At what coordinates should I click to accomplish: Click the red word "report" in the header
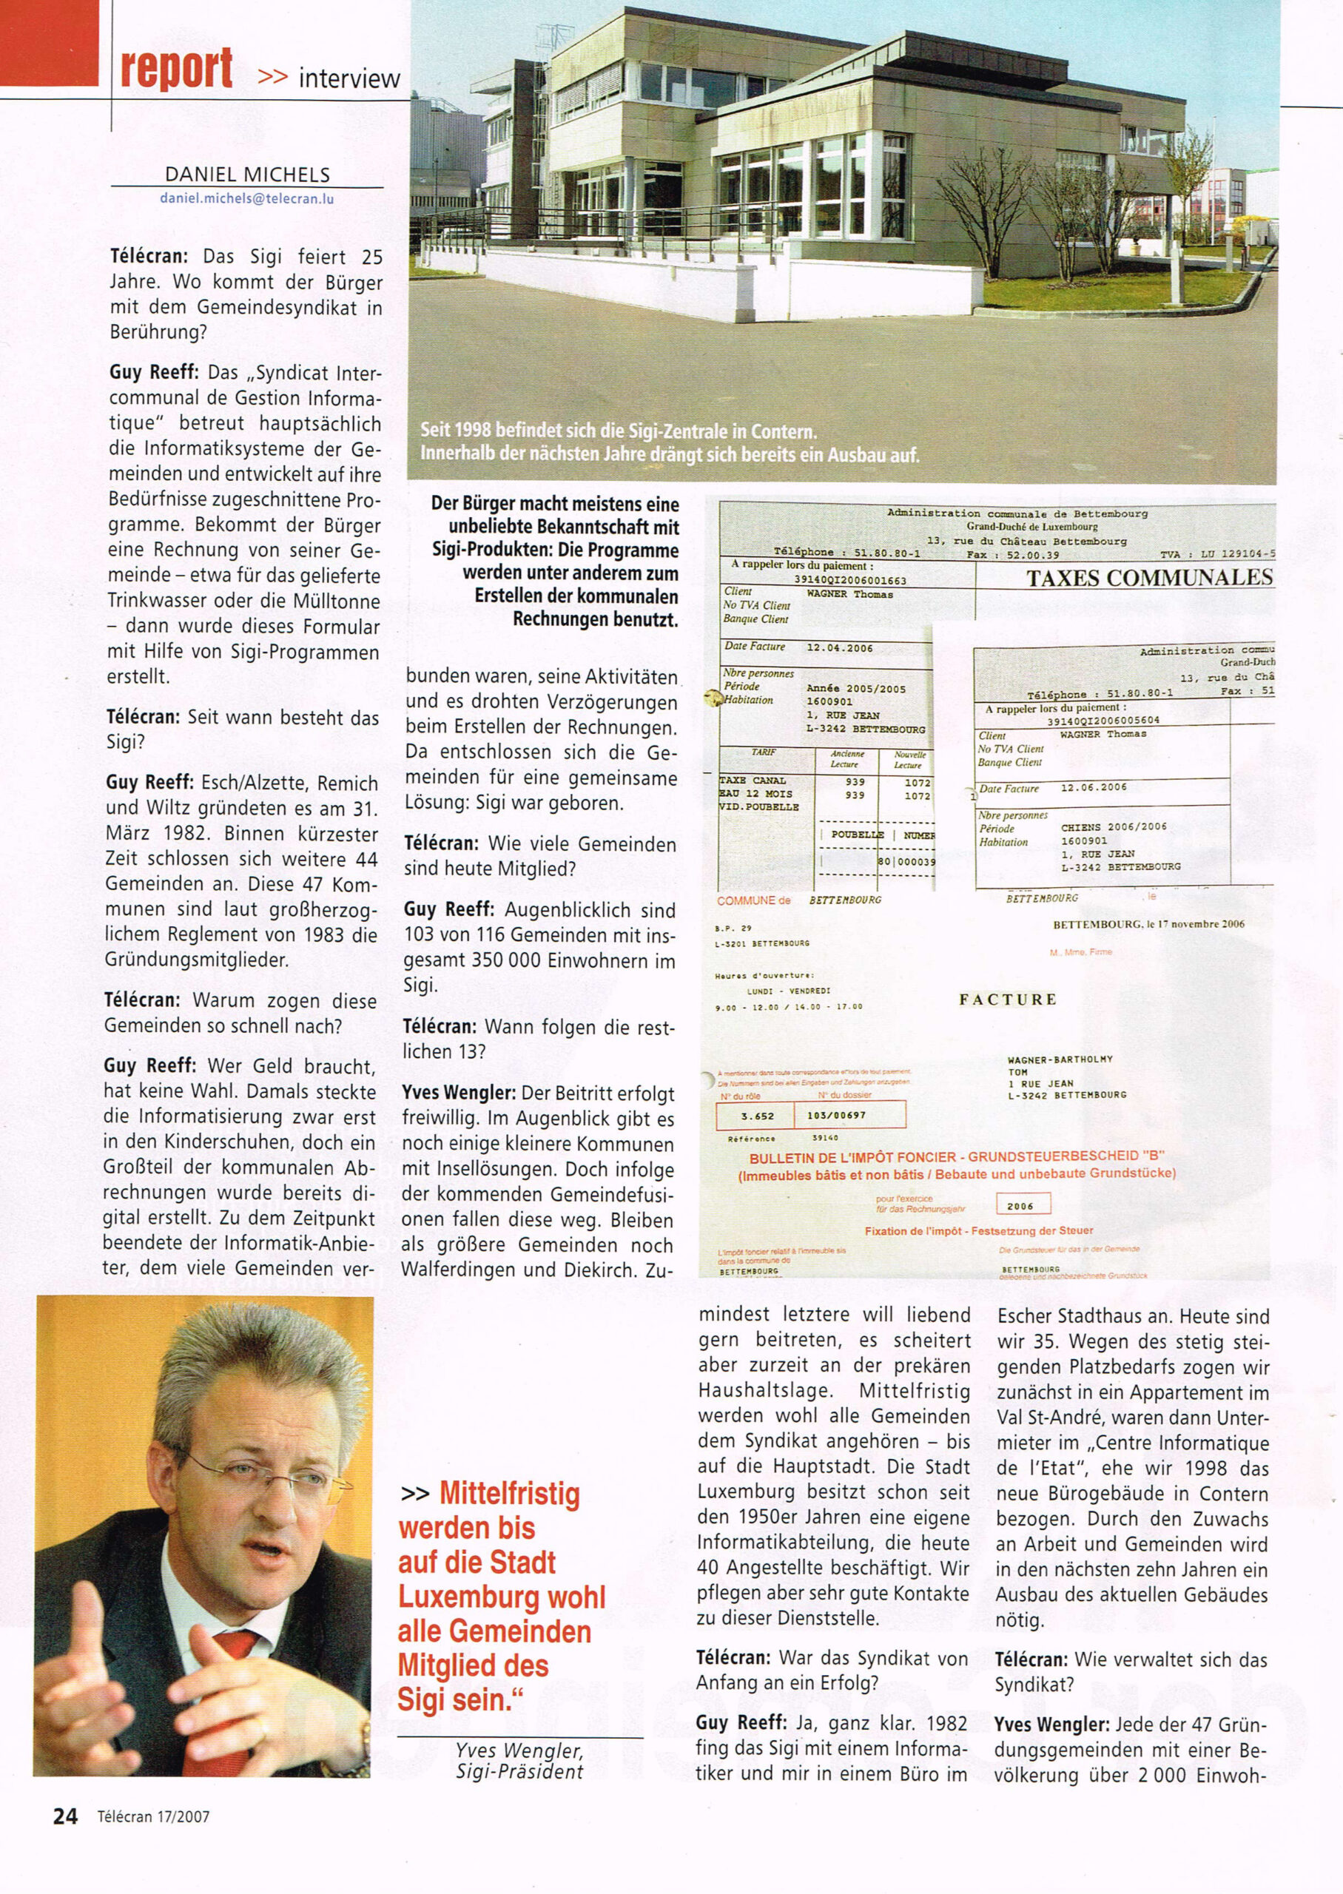pyautogui.click(x=176, y=70)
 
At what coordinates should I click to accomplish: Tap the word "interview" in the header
pyautogui.click(x=349, y=78)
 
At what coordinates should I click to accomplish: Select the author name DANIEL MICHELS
pyautogui.click(x=247, y=175)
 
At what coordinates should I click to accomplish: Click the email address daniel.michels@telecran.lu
pyautogui.click(x=246, y=198)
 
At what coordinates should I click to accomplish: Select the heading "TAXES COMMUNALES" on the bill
pyautogui.click(x=1148, y=578)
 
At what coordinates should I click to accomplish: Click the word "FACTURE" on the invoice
pyautogui.click(x=1007, y=1000)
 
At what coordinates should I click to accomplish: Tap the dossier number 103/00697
pyautogui.click(x=848, y=1115)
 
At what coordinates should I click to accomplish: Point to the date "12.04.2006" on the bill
pyautogui.click(x=839, y=648)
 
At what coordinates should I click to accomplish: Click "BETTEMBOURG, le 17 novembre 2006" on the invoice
pyautogui.click(x=1148, y=924)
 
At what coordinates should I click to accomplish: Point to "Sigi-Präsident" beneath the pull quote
pyautogui.click(x=519, y=1771)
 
